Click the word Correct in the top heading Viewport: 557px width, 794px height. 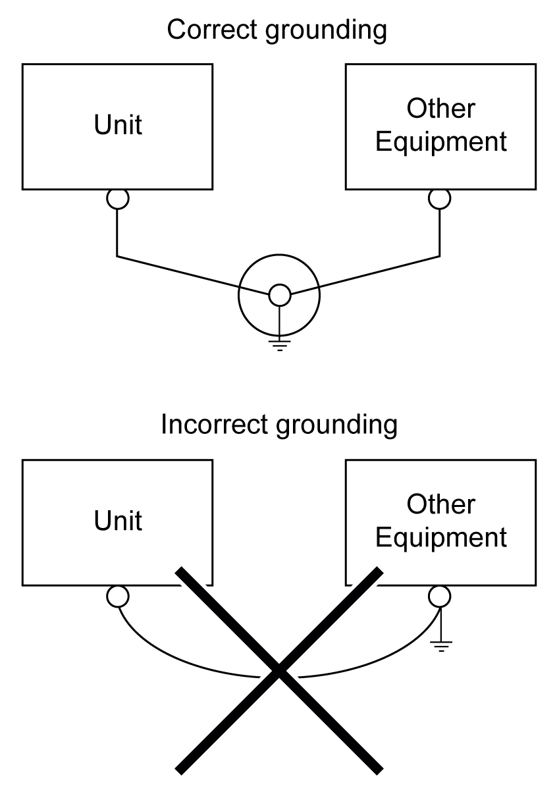point(208,30)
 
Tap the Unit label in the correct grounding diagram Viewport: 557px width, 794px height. point(118,125)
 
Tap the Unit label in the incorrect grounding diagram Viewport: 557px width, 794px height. point(118,520)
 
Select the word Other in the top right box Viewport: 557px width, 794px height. point(440,109)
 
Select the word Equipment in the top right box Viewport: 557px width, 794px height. point(440,142)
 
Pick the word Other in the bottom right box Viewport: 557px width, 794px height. point(440,504)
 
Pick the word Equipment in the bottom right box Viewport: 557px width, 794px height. point(440,537)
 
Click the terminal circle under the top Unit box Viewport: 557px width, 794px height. point(118,198)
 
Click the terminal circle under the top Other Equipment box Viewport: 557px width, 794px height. point(439,198)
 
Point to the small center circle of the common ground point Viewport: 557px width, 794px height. point(279,296)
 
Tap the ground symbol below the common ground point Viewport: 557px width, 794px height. point(280,344)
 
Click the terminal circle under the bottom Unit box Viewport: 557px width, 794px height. point(118,596)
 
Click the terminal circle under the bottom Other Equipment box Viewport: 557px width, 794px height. point(439,596)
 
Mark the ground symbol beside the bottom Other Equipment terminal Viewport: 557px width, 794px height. point(440,645)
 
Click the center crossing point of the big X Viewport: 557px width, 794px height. point(279,670)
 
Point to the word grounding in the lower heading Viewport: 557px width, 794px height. point(336,426)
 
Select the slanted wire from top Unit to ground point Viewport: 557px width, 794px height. point(178,271)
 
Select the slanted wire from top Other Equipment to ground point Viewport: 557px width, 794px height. point(380,271)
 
